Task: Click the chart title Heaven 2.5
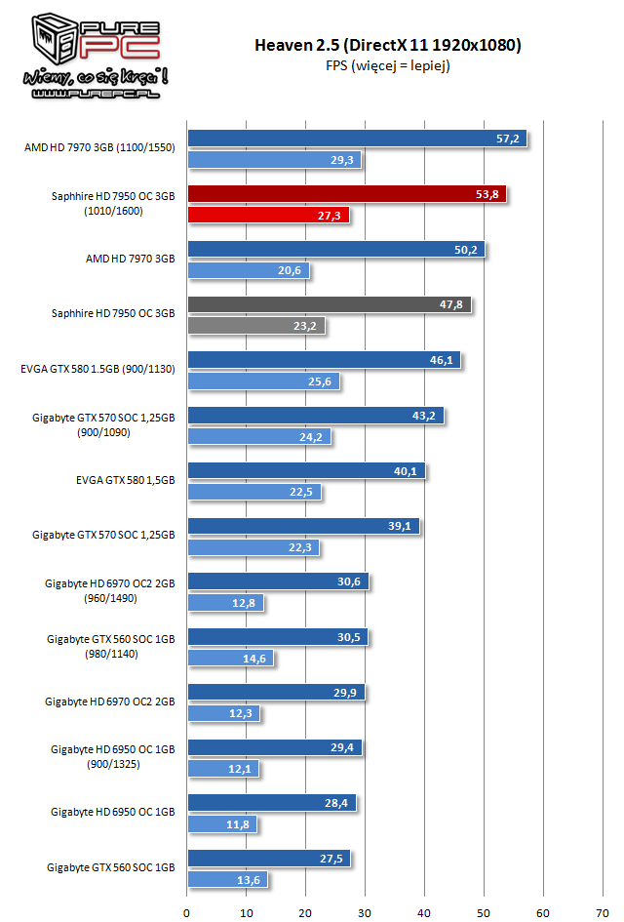coord(388,45)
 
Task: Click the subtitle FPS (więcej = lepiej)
coord(388,65)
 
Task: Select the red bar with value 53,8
coord(346,194)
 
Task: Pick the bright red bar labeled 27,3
coord(267,215)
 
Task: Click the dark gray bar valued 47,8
coord(329,304)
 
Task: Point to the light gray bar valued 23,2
coord(255,325)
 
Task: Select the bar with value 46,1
coord(324,360)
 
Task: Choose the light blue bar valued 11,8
coord(222,823)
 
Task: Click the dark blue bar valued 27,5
coord(268,859)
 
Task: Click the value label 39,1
coord(403,526)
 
